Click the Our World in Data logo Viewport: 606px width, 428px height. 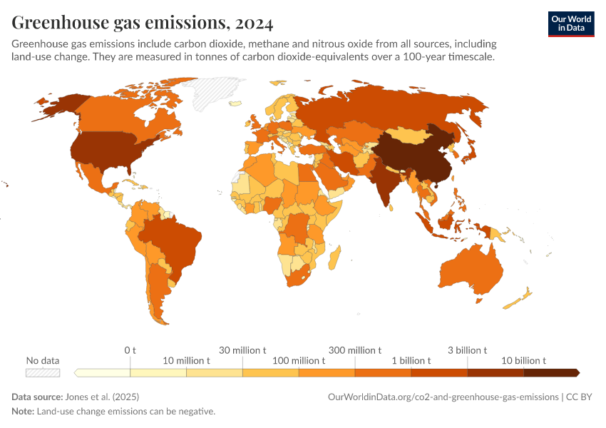(570, 23)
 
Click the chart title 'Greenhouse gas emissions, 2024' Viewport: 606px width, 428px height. (142, 23)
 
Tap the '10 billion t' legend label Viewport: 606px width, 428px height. (523, 361)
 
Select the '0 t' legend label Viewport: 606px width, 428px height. (130, 350)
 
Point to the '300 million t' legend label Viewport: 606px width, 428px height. (354, 350)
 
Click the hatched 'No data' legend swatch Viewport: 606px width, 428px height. (43, 372)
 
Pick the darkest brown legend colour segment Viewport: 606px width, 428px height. (550, 372)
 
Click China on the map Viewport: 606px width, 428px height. (414, 157)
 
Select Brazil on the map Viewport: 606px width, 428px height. (175, 243)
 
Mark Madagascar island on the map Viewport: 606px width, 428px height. (335, 255)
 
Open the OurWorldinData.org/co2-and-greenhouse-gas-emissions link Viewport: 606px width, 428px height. (442, 397)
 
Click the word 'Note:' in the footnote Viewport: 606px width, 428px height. (22, 412)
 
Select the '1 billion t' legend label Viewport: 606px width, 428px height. (411, 361)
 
